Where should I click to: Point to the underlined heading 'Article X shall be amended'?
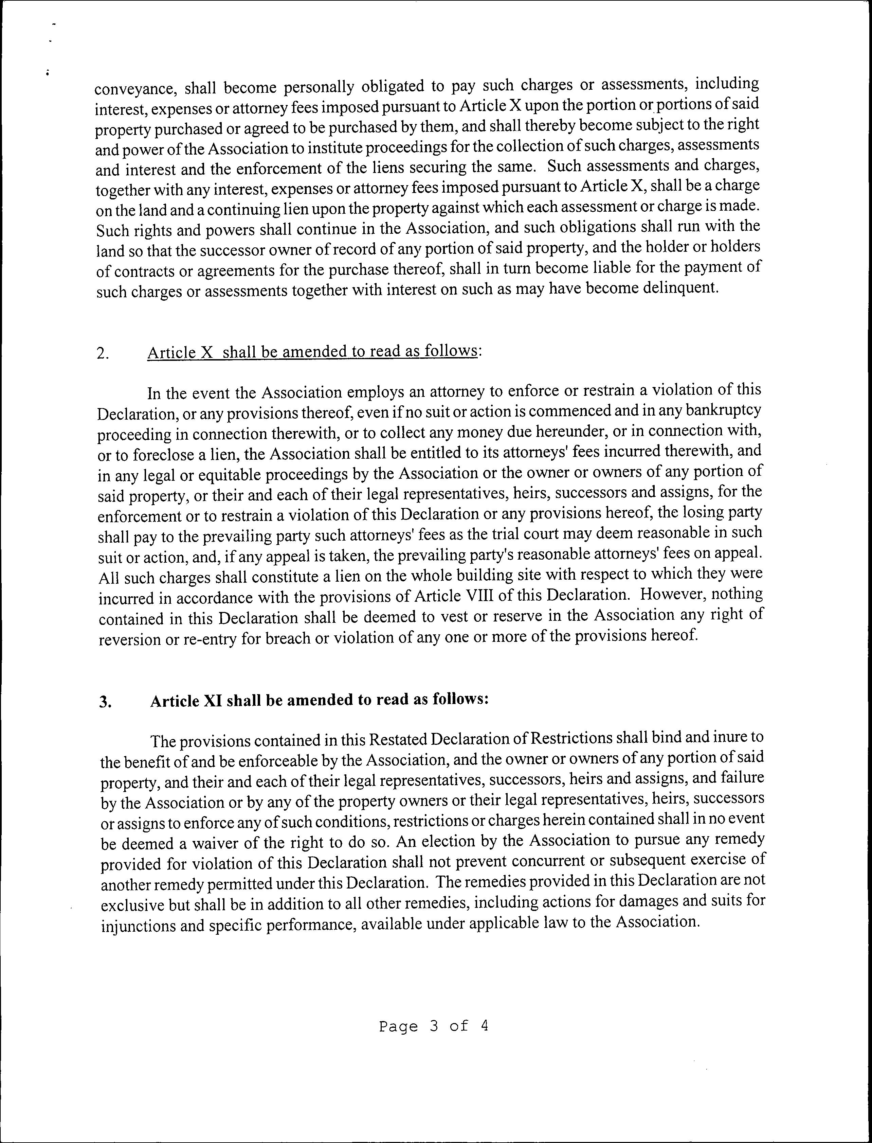tap(311, 352)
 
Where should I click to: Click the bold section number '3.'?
tap(105, 702)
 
